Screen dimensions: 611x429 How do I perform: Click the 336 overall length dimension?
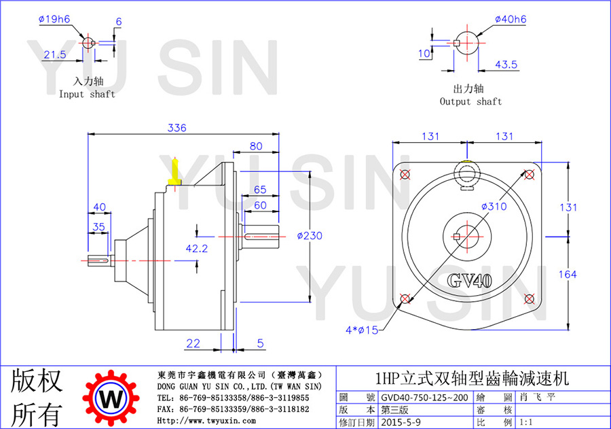click(x=177, y=128)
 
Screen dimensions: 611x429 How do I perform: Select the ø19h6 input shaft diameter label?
click(x=54, y=19)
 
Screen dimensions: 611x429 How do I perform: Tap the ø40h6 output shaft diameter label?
click(x=511, y=19)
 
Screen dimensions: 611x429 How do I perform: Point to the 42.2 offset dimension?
click(x=197, y=248)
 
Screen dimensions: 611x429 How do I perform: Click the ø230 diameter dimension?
click(x=310, y=236)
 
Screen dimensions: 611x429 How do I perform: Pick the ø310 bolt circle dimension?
click(x=494, y=206)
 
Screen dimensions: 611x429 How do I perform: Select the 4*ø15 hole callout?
click(x=362, y=330)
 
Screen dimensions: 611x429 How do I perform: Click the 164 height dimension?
click(x=568, y=275)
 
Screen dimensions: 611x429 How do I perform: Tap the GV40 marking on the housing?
click(x=469, y=281)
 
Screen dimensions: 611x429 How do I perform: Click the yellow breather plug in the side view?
click(x=175, y=172)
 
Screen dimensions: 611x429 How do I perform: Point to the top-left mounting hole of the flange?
click(x=405, y=174)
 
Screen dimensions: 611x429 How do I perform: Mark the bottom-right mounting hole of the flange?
click(x=529, y=299)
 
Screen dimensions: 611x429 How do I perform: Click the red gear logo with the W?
click(x=111, y=398)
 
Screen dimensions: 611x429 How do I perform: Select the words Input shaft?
click(x=87, y=94)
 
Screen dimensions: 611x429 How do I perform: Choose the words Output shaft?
click(x=470, y=101)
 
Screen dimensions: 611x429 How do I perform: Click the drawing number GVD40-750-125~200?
click(x=424, y=397)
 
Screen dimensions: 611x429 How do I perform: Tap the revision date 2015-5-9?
click(x=401, y=422)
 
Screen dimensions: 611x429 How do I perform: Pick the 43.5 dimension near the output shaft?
click(x=506, y=65)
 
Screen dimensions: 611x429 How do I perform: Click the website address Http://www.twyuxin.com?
click(x=206, y=421)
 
